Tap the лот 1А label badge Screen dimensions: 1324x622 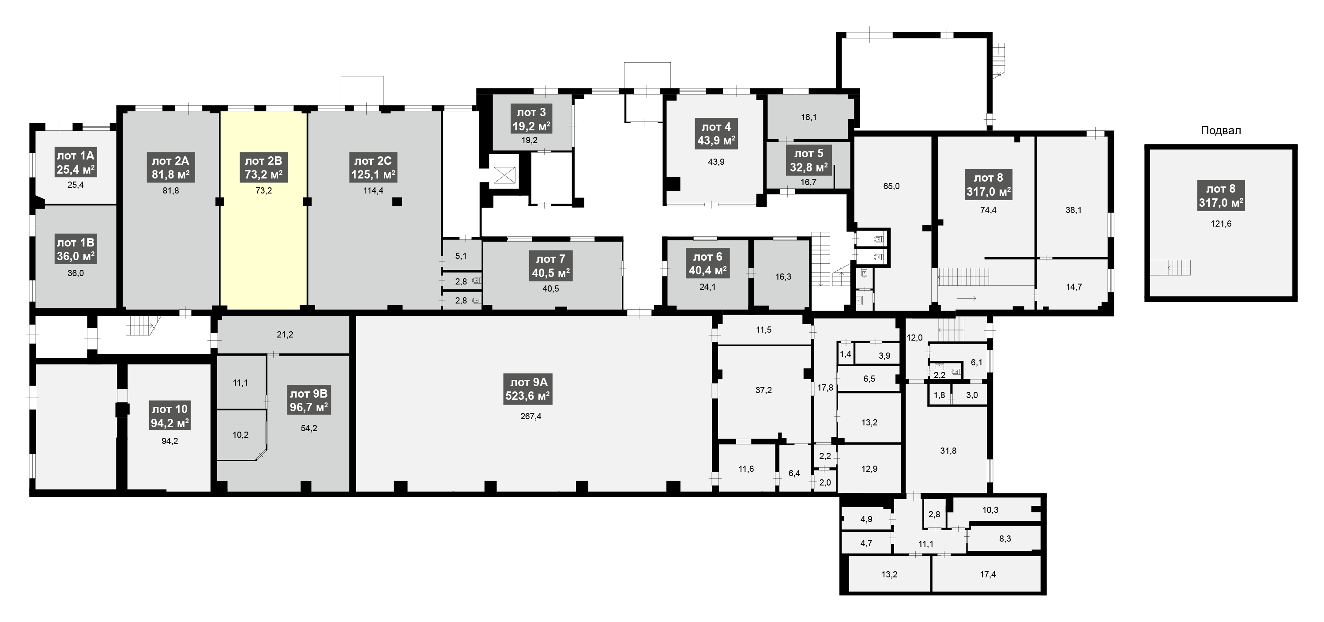75,163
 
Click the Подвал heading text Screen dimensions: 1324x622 1221,131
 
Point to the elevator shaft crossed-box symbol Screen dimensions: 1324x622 504,175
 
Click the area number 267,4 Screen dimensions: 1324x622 530,416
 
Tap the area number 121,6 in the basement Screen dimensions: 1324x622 1221,224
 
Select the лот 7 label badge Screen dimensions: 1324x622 550,266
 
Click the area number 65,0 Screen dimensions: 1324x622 891,186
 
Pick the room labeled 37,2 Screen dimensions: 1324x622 763,391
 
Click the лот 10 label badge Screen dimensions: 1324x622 169,416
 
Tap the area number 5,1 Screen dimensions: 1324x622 461,256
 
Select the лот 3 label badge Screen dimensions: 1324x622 531,119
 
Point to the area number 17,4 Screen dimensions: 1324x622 987,574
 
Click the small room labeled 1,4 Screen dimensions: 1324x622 845,354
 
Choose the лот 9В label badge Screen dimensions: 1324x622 308,401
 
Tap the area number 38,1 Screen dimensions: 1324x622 1073,210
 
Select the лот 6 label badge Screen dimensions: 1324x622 708,264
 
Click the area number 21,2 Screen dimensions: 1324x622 285,334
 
